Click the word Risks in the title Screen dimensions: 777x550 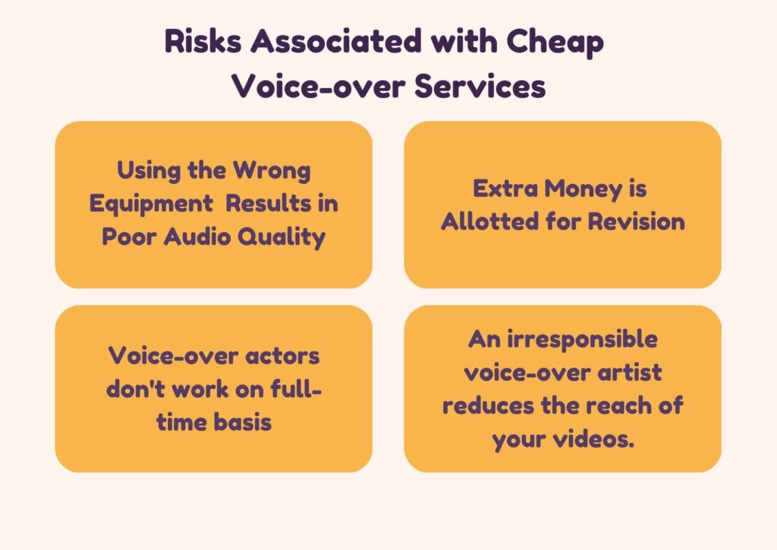tap(203, 41)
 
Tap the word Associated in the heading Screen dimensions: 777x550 tap(336, 41)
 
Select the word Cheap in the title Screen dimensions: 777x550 tap(555, 43)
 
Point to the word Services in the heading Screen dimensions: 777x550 tap(480, 87)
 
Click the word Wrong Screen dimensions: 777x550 tap(272, 171)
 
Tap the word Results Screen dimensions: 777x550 tap(268, 204)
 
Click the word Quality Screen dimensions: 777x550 tap(282, 237)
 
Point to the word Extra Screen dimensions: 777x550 tap(505, 189)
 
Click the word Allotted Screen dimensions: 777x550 tap(489, 221)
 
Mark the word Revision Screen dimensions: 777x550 tap(637, 221)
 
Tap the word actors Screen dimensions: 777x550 tap(282, 356)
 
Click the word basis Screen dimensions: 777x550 tap(242, 422)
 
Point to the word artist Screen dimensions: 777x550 tap(629, 372)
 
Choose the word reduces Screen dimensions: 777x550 tap(488, 406)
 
